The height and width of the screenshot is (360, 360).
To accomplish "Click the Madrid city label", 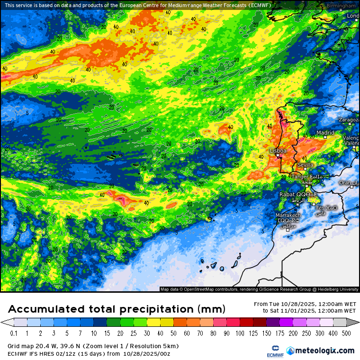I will (325, 133).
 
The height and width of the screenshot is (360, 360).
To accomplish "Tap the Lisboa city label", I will (278, 151).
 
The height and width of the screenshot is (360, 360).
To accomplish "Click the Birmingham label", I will (341, 6).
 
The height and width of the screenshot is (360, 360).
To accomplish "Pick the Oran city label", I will (345, 182).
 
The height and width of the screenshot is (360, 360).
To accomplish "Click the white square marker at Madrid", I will (325, 137).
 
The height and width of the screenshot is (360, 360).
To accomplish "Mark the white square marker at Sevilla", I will (306, 169).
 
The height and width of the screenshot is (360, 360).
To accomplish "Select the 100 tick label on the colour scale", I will (241, 333).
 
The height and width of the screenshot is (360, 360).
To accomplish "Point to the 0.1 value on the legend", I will (13, 333).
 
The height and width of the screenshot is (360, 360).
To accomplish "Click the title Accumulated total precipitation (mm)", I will (117, 309).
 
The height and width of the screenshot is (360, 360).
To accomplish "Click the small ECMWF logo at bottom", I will (272, 351).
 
